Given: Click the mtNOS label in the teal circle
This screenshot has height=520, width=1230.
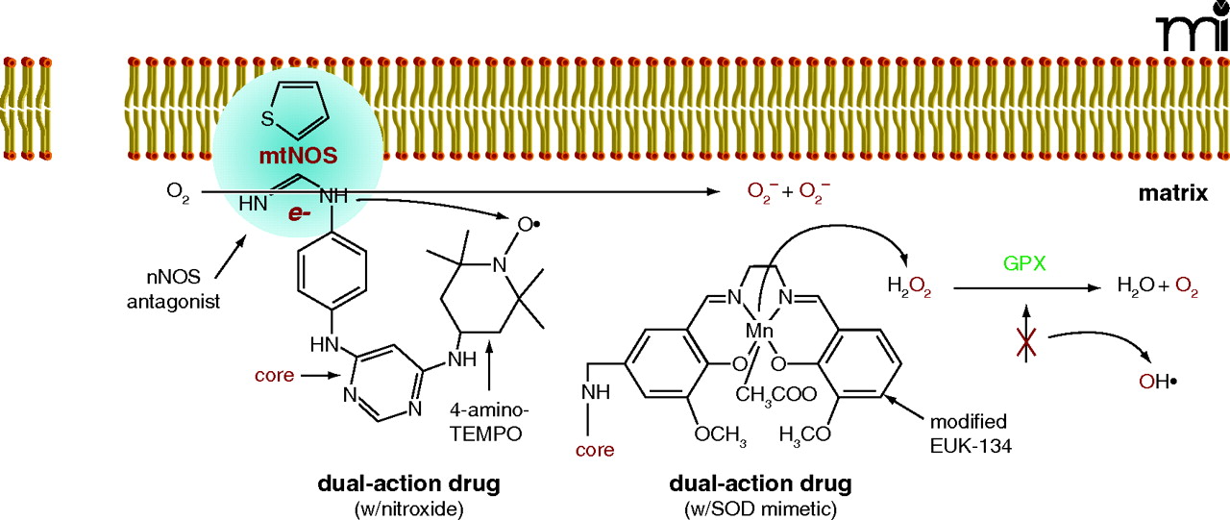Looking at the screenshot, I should click(x=295, y=153).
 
